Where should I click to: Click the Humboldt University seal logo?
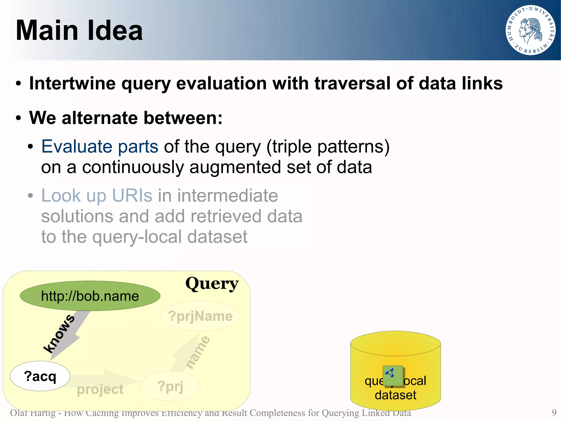tap(530, 30)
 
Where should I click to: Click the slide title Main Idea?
tap(79, 30)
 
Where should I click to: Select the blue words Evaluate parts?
tap(100, 146)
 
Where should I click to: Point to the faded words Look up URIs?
tap(96, 196)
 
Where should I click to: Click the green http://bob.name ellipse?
tap(90, 296)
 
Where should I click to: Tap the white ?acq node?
tap(40, 376)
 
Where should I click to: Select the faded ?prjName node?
tap(200, 316)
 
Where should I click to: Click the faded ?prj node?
tap(170, 386)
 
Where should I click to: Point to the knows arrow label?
tap(59, 334)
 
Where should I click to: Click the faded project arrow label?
tap(100, 389)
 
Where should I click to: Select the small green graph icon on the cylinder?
tap(393, 376)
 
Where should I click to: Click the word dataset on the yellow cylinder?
tap(395, 395)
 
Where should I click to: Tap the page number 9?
tap(554, 412)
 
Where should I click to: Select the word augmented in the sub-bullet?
tap(235, 167)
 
